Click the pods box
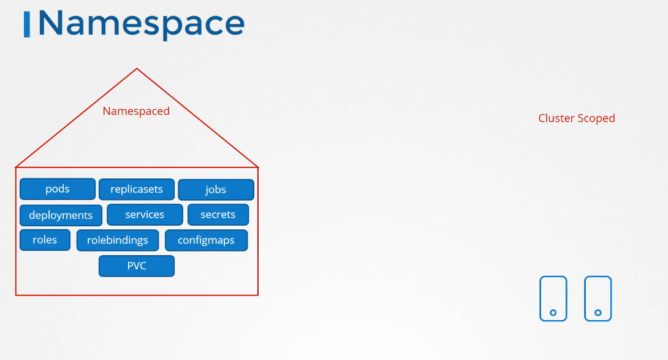(x=58, y=189)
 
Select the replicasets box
(x=137, y=190)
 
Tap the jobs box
(x=216, y=190)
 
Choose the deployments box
(x=61, y=215)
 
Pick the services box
(x=145, y=215)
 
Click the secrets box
(x=218, y=215)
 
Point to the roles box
(x=45, y=240)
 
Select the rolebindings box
(x=118, y=240)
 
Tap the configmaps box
(x=206, y=240)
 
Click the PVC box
(x=137, y=266)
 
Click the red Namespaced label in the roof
(x=136, y=111)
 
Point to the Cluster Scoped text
(x=577, y=118)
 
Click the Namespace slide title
(x=142, y=23)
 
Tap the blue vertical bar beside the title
(x=27, y=25)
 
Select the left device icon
(x=553, y=299)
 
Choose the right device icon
(x=598, y=299)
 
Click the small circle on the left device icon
(x=553, y=313)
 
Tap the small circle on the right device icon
(x=598, y=313)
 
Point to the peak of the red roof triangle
(x=137, y=69)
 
